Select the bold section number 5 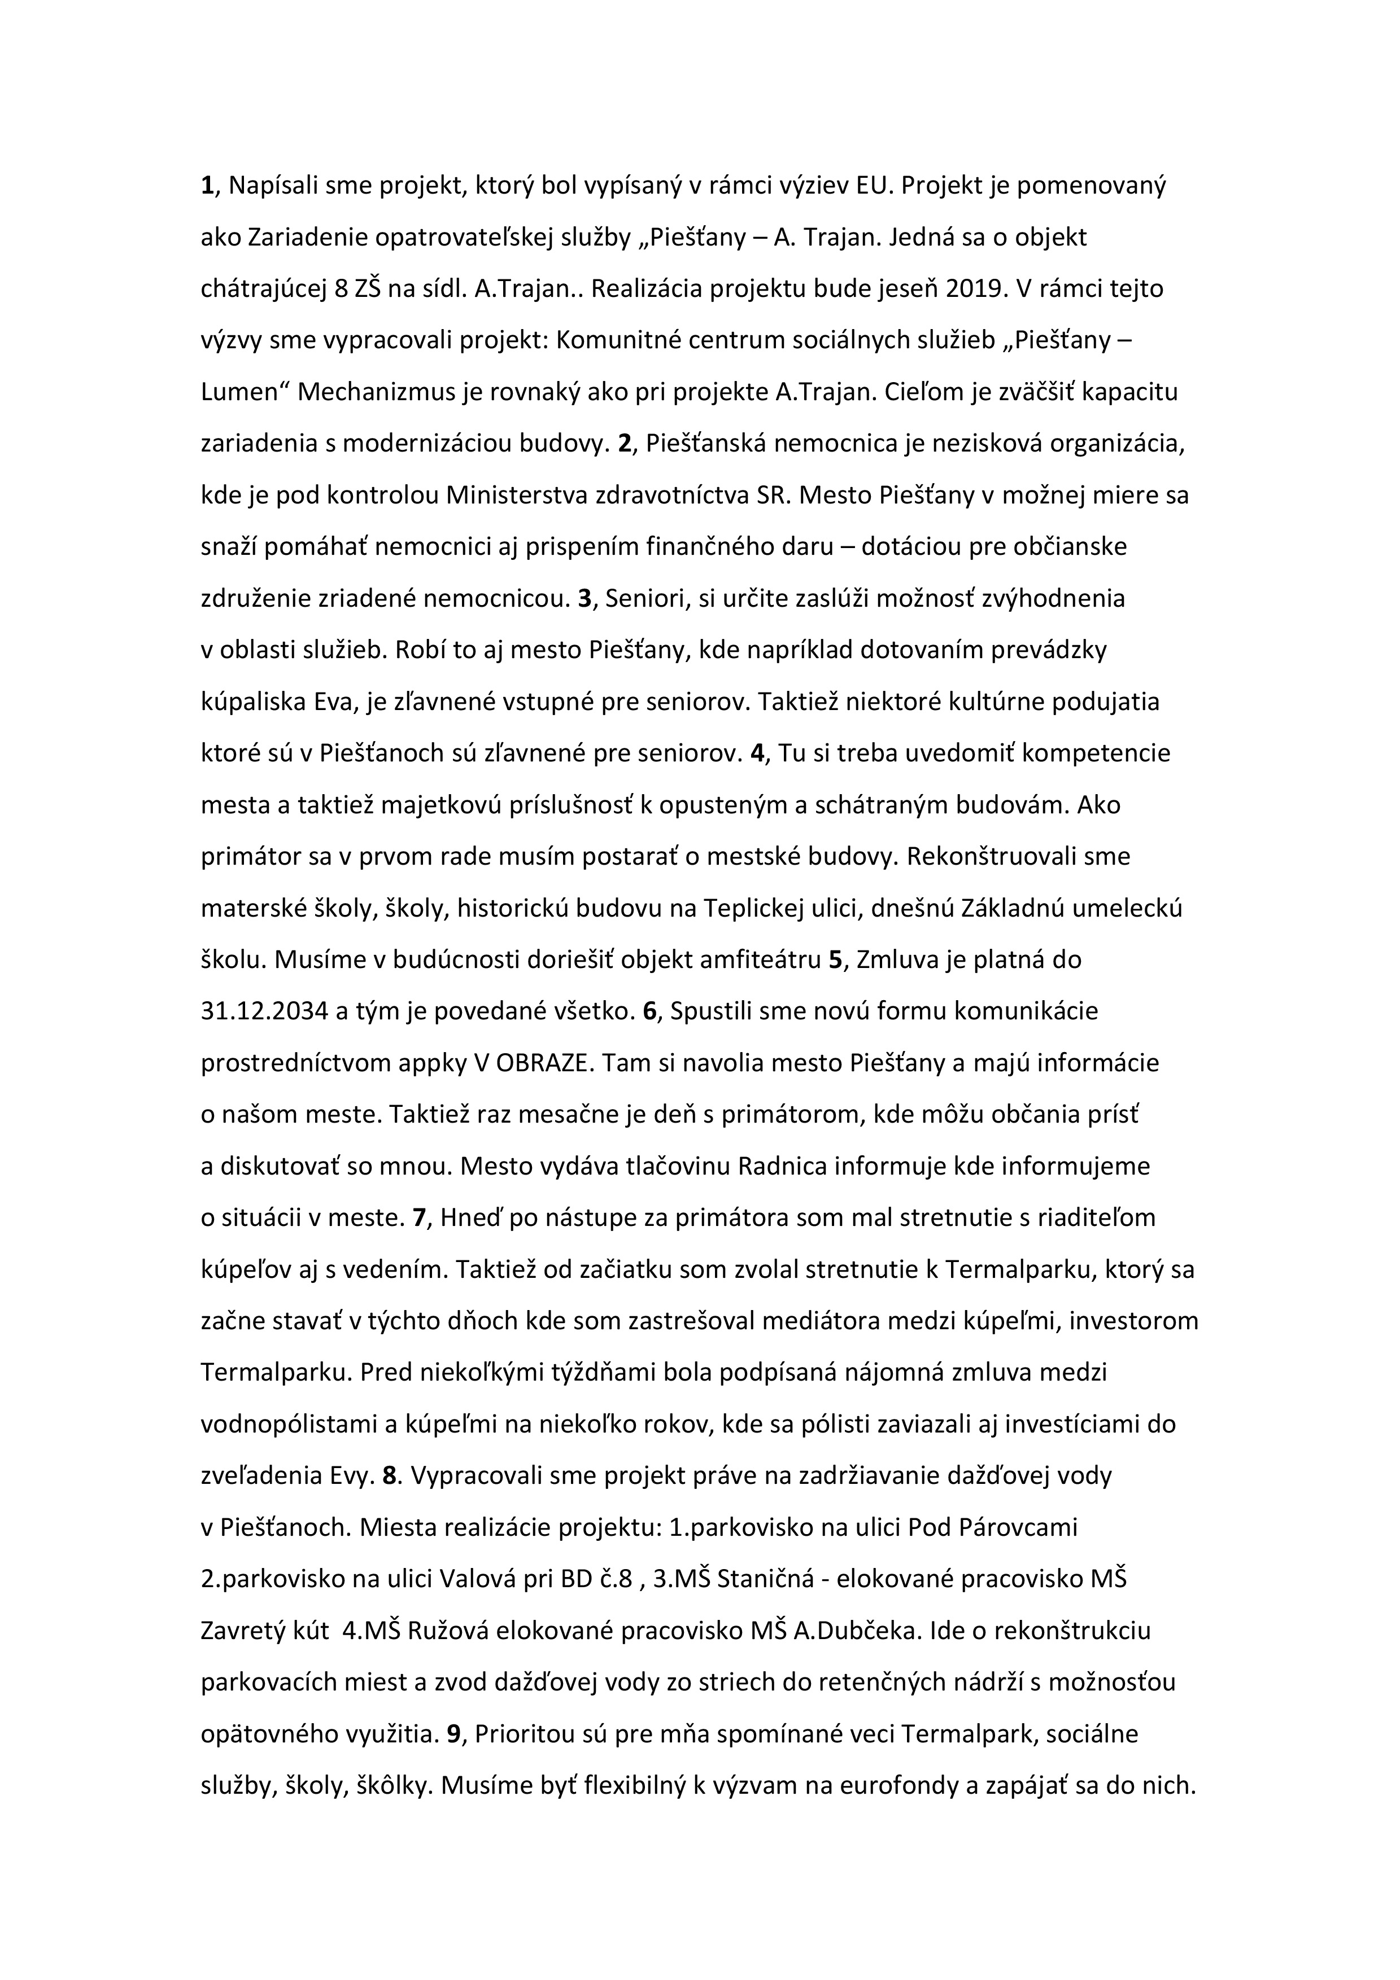(x=834, y=960)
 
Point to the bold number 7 (x=420, y=1217)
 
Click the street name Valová (x=481, y=1579)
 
